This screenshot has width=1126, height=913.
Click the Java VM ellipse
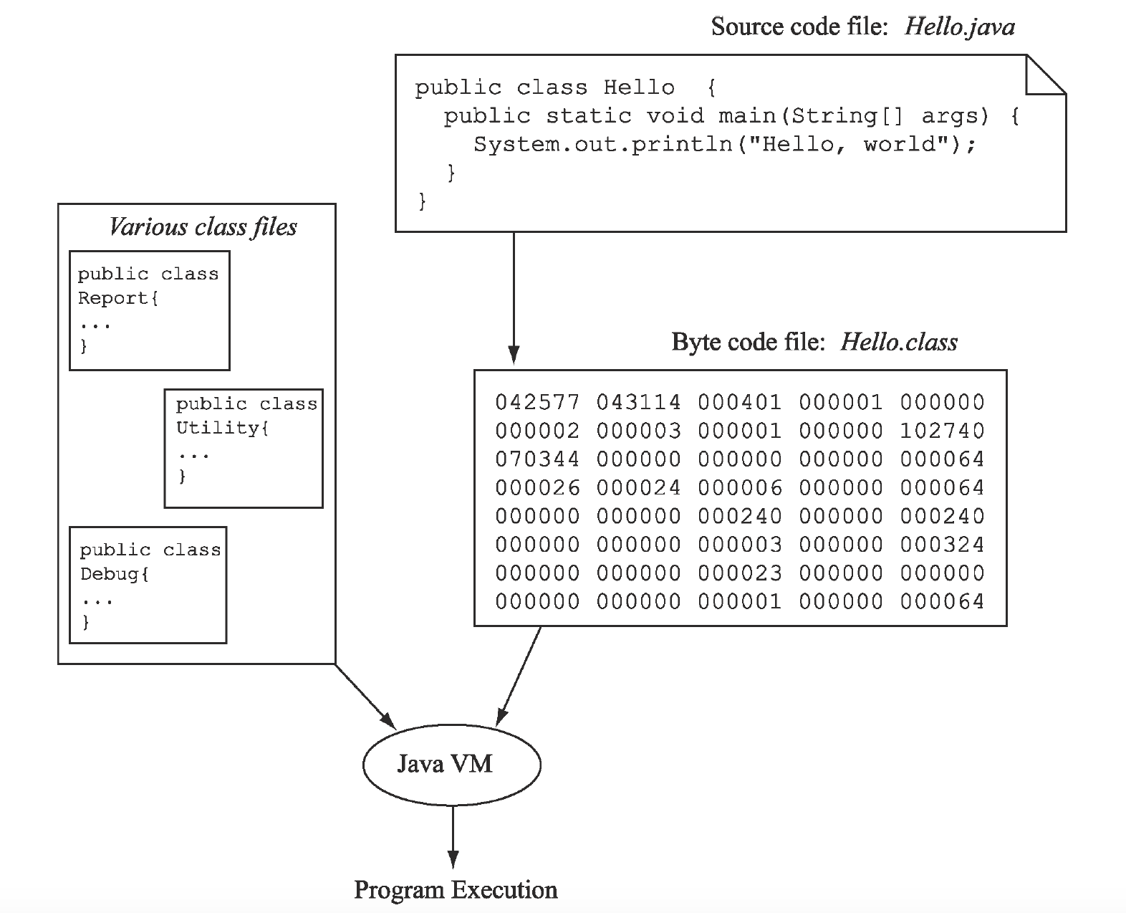[451, 764]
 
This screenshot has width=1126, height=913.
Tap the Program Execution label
[456, 890]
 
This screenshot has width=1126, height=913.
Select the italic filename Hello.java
[959, 27]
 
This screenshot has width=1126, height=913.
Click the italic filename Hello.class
[898, 342]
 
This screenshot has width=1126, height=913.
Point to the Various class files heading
[203, 227]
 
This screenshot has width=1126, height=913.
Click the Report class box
[149, 310]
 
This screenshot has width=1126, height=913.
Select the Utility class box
[244, 448]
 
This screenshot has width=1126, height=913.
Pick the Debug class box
[148, 585]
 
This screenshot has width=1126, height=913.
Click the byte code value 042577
[537, 403]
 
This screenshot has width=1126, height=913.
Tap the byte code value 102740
[942, 431]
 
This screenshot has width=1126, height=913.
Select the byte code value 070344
[537, 459]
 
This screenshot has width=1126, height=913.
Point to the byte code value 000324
[942, 545]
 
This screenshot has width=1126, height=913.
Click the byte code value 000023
[740, 573]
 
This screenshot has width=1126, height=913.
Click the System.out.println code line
[724, 145]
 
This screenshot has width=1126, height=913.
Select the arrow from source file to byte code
[514, 294]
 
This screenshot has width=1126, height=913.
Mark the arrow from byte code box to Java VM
[519, 674]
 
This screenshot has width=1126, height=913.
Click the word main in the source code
[748, 116]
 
